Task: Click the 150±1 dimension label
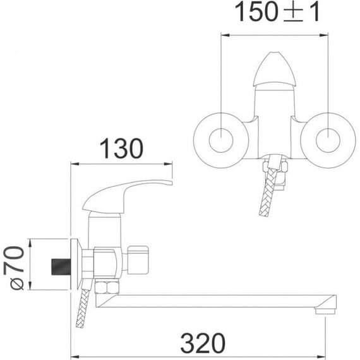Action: coord(277,12)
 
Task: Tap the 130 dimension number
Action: coord(122,148)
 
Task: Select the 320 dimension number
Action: coord(203,344)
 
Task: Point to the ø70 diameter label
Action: coord(14,268)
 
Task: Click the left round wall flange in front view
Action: coord(221,140)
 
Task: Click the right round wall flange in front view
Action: coord(328,140)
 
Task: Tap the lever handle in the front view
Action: coord(274,69)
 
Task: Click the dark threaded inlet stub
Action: coord(61,267)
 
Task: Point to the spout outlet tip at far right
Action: coord(325,311)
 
